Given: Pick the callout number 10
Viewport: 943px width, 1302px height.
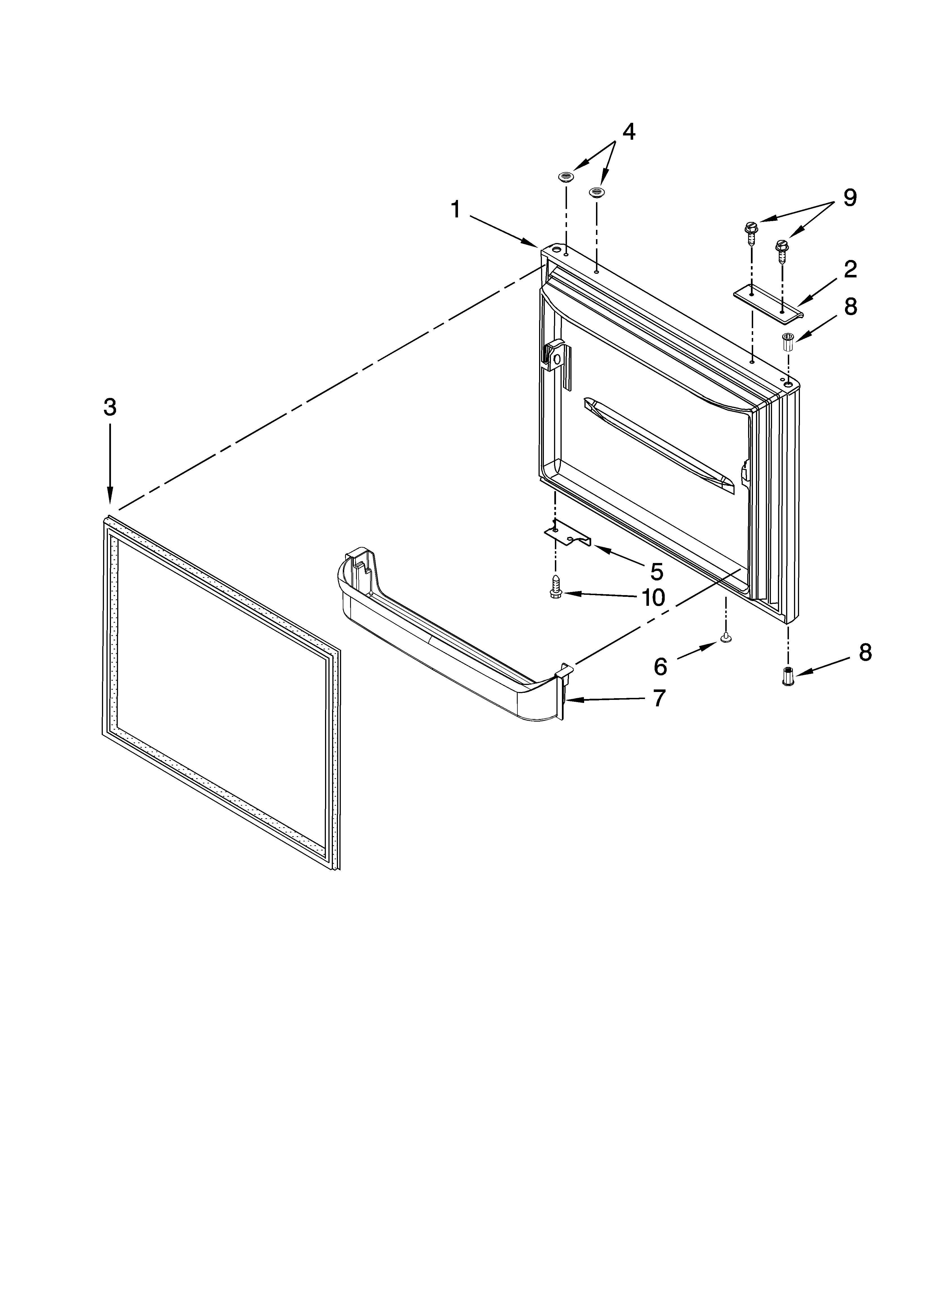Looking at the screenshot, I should click(x=653, y=598).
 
